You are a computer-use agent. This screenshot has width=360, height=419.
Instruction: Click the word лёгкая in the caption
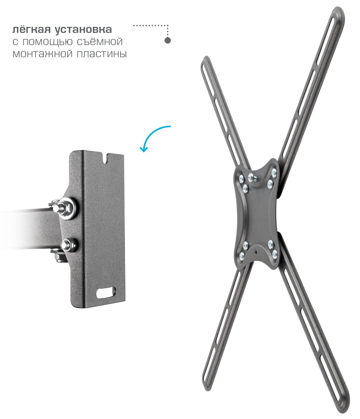point(31,29)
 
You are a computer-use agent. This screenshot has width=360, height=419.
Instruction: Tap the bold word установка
point(83,29)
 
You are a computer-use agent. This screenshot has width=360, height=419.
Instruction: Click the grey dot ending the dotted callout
point(167,41)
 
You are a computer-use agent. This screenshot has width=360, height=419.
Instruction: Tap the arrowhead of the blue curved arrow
point(144,149)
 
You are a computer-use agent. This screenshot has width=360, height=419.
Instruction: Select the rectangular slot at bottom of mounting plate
point(106,292)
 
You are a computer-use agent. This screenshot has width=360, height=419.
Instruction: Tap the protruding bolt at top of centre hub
point(252,177)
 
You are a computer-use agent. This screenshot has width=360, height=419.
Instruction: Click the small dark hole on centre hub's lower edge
point(256,251)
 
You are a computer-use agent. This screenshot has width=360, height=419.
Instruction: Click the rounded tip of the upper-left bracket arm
point(205,62)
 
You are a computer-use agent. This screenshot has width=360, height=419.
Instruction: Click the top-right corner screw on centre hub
point(274,172)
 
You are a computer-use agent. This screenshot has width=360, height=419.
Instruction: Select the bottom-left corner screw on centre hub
point(242,256)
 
